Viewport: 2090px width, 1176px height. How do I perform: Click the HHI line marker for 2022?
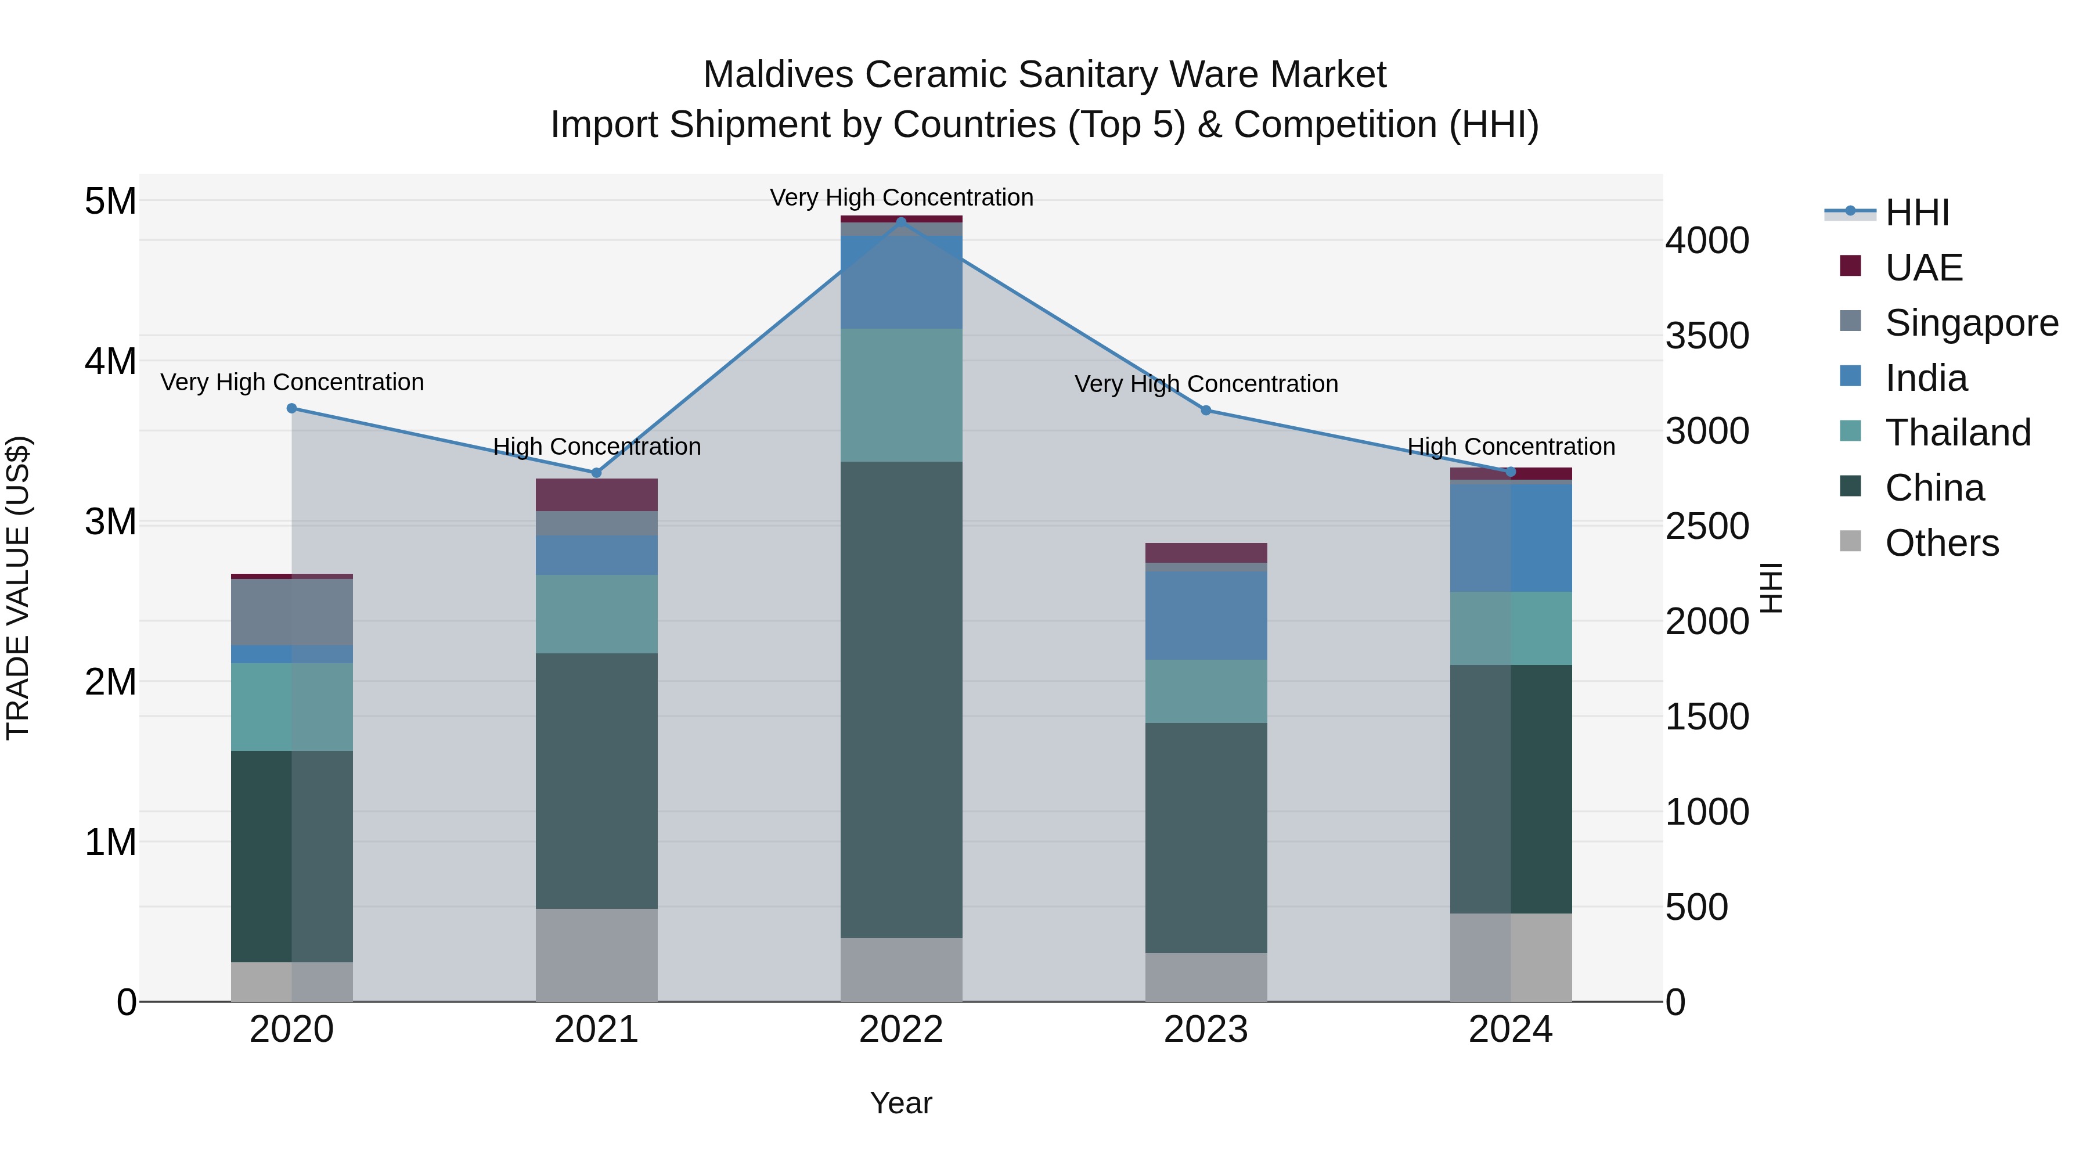coord(900,222)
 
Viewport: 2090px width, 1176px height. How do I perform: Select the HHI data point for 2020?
coord(292,408)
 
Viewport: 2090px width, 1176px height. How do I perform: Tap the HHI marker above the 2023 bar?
coord(1206,411)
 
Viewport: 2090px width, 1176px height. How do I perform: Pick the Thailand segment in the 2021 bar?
coord(596,614)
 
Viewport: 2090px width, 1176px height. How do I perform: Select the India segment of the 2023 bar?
coord(1206,615)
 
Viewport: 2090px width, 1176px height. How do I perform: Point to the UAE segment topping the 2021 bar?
coord(596,494)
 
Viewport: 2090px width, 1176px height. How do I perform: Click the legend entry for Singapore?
coord(1971,323)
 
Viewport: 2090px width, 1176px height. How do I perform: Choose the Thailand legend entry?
coord(1957,433)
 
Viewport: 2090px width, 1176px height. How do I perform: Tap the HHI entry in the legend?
coord(1916,213)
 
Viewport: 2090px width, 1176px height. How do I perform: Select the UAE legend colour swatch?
coord(1850,265)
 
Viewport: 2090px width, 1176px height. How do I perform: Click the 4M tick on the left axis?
coord(110,361)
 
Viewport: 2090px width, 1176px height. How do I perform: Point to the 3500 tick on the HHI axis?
coord(1707,336)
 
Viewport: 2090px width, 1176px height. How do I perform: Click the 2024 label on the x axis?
coord(1510,1030)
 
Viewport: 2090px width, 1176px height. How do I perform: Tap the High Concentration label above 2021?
coord(596,447)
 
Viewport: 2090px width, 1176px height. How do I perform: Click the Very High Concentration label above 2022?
coord(900,197)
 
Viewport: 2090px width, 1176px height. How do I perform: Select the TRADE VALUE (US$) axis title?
coord(18,588)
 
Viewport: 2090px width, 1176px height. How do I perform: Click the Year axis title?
coord(900,1103)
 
